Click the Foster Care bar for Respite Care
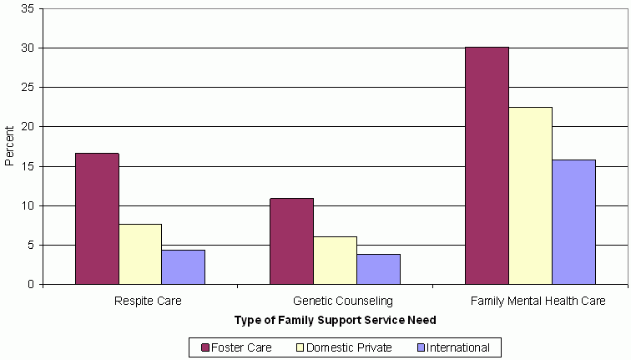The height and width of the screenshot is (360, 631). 97,219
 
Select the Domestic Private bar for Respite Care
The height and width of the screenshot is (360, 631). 140,254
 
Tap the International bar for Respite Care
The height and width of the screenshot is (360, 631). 183,267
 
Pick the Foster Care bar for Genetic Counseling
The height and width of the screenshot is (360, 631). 291,241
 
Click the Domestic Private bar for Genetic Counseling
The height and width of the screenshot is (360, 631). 335,261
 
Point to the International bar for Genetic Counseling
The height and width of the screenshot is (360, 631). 378,269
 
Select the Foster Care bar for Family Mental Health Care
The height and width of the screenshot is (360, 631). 487,165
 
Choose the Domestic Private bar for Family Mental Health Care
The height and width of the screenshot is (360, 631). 530,195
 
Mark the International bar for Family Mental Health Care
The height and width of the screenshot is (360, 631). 573,222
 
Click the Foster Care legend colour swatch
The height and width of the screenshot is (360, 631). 204,347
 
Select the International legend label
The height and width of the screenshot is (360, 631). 459,347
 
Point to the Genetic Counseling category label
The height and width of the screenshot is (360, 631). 335,299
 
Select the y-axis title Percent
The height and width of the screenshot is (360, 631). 10,146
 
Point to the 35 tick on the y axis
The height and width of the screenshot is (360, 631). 28,9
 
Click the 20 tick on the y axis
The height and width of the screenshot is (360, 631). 28,127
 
